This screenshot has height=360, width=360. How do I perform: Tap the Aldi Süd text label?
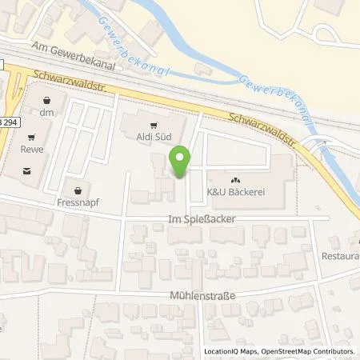[x=154, y=137]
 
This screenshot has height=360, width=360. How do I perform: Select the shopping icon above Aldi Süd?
[x=154, y=124]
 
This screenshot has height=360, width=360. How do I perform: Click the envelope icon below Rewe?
[x=30, y=170]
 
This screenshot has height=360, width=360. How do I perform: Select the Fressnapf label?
[x=78, y=204]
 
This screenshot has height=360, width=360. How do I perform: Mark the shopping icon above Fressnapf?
[x=78, y=191]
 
